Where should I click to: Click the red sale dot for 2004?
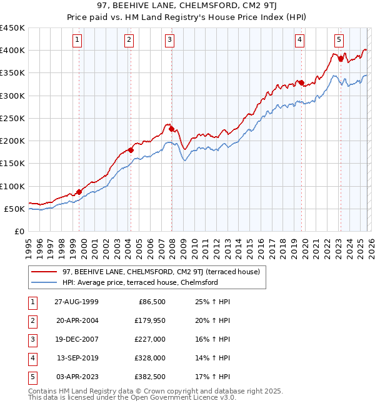tap(131, 150)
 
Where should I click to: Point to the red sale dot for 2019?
tap(301, 82)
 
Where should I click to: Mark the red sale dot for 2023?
tap(341, 59)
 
